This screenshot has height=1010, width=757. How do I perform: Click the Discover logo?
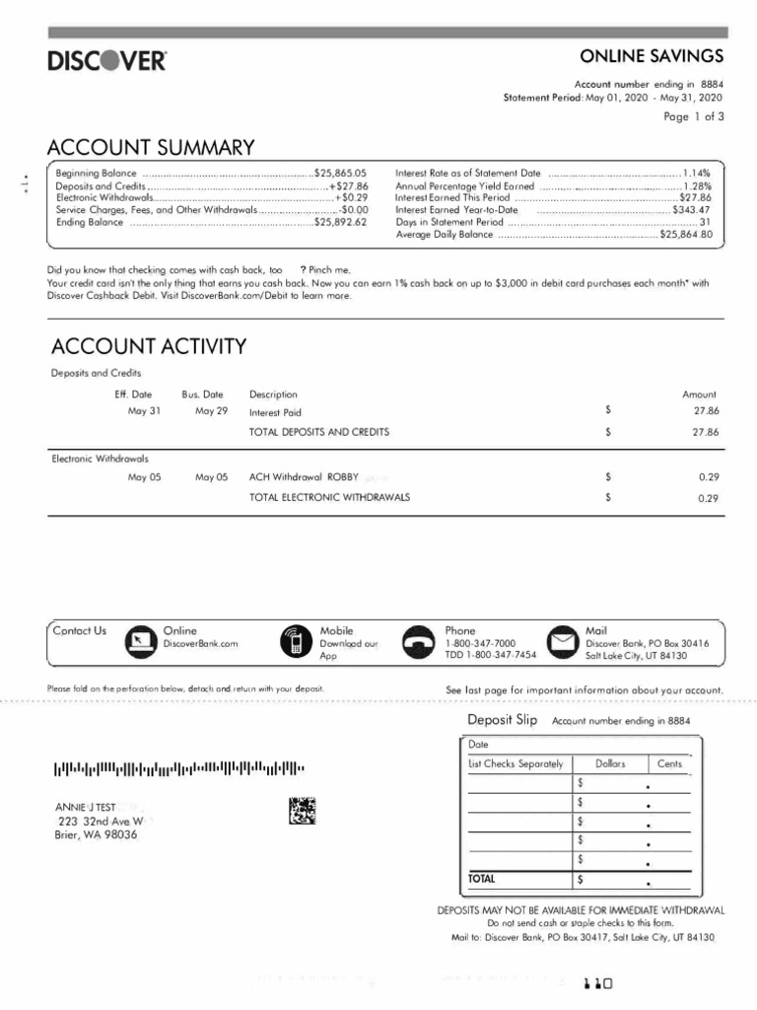tap(107, 61)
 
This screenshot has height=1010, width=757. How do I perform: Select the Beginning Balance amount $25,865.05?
tap(340, 173)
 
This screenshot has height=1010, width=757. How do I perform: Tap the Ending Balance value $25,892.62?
tap(340, 223)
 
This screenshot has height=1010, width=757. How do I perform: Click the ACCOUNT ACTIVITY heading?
tap(149, 346)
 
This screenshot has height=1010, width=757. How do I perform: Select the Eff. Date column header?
tap(134, 395)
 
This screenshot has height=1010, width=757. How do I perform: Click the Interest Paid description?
tap(275, 413)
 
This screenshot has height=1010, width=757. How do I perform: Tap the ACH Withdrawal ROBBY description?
tap(304, 477)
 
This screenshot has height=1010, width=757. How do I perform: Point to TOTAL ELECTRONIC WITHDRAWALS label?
tap(329, 497)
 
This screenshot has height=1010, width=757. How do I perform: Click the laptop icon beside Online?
tap(141, 642)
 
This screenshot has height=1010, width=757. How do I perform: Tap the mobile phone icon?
tap(294, 642)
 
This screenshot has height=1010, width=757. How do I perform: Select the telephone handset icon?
tap(420, 642)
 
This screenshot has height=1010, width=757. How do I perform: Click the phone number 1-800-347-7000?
tap(480, 643)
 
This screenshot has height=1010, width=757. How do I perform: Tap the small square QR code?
tap(304, 811)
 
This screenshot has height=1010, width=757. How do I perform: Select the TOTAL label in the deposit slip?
tap(483, 878)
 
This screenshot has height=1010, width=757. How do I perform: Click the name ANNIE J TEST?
tap(86, 807)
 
